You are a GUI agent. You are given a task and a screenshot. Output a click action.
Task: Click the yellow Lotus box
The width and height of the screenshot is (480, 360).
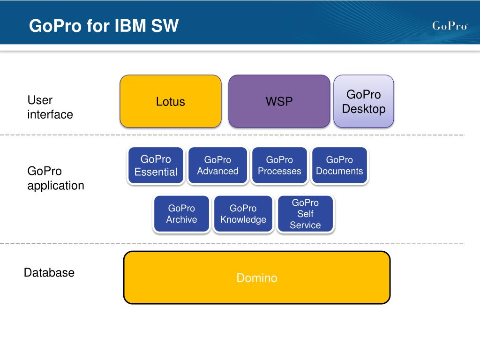click(x=171, y=101)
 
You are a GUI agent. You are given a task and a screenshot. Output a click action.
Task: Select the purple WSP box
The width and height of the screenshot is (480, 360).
click(x=279, y=101)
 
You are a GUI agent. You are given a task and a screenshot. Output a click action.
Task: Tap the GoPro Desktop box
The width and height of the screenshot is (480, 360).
click(x=364, y=101)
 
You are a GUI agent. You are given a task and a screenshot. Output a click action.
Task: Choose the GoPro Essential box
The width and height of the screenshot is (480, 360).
click(x=156, y=165)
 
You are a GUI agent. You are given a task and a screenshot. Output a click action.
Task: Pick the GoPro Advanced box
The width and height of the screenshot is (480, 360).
click(x=217, y=165)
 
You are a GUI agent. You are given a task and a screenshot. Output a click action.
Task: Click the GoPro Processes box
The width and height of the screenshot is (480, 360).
click(x=279, y=165)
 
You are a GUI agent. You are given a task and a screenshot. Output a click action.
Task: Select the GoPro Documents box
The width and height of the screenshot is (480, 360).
click(x=339, y=165)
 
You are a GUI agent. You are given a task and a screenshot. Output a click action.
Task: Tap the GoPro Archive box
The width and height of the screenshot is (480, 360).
click(x=181, y=214)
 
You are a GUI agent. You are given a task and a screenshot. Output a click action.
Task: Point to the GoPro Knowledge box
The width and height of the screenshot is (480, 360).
click(x=243, y=214)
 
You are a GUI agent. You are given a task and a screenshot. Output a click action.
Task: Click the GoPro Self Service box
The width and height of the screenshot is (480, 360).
click(x=305, y=214)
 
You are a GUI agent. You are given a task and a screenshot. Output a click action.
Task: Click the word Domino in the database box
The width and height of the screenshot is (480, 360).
click(x=257, y=278)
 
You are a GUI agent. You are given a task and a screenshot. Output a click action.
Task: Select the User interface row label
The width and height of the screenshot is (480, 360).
click(x=50, y=107)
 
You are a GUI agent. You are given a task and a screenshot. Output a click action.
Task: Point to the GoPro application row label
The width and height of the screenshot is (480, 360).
click(x=56, y=178)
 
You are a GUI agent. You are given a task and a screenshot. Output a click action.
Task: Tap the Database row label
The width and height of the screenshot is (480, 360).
click(x=49, y=272)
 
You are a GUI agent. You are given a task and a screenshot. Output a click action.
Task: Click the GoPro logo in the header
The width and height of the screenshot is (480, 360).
click(x=450, y=26)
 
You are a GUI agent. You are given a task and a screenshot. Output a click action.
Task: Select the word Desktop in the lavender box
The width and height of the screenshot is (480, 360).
click(x=364, y=109)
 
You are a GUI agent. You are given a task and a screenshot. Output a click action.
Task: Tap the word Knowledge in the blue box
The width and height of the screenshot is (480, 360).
click(x=243, y=220)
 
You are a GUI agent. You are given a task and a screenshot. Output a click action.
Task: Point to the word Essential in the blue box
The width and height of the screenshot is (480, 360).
click(x=156, y=172)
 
